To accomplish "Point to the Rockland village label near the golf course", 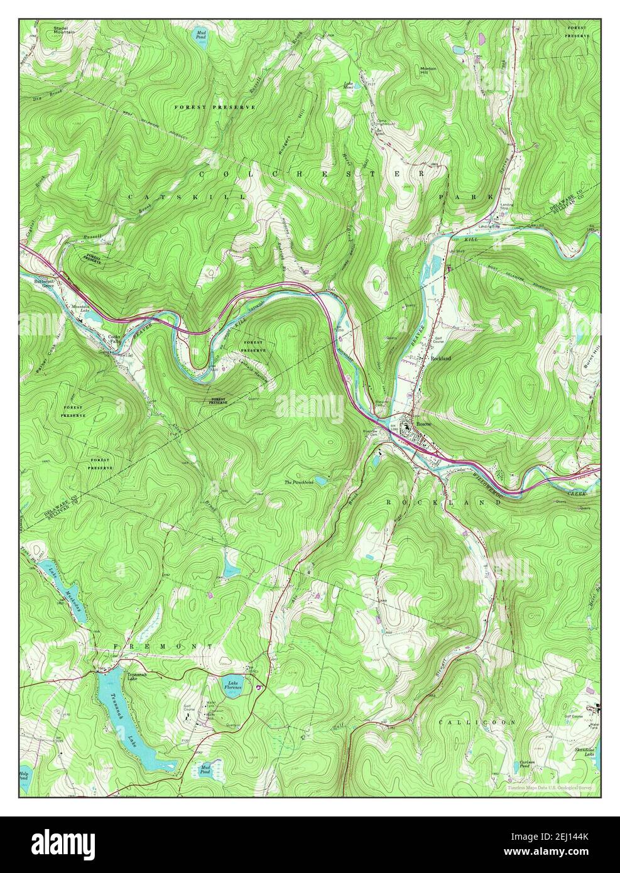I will pyautogui.click(x=440, y=358).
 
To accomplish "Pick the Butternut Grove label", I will pyautogui.click(x=44, y=283).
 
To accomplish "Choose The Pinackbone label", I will pyautogui.click(x=298, y=482).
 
